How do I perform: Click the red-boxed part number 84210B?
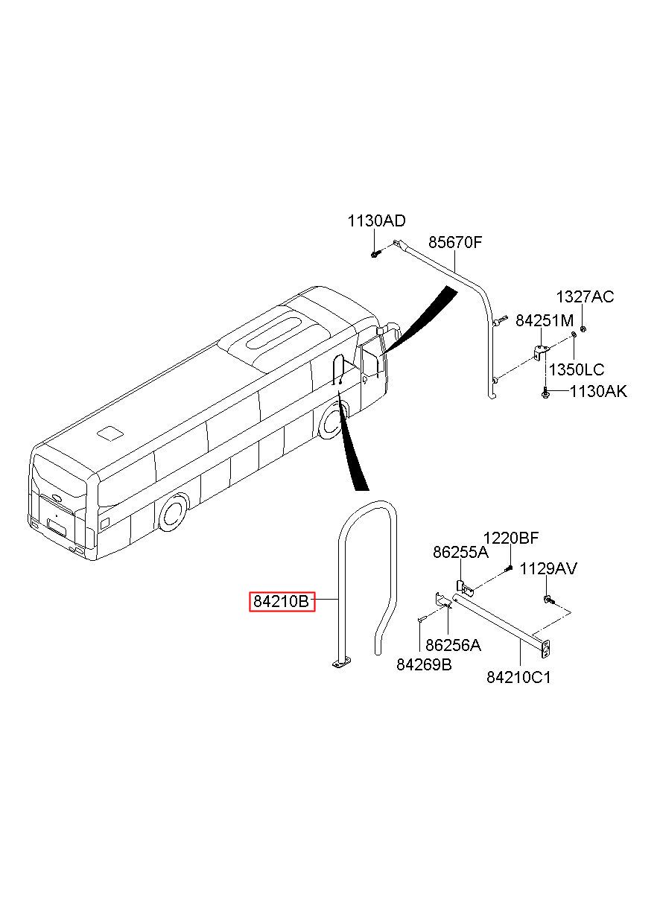pos(281,601)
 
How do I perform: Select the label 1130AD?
pos(376,220)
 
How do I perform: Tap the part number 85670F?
pos(455,242)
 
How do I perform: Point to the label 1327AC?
pos(585,296)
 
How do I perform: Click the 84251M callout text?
pos(545,320)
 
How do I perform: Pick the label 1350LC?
pos(577,369)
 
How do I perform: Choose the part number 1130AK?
pos(598,391)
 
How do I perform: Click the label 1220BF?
pos(510,538)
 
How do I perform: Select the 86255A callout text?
pos(460,552)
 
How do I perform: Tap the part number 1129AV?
pos(548,568)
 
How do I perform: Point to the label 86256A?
pos(453,645)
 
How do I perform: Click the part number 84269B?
pos(424,664)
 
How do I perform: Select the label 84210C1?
pos(518,677)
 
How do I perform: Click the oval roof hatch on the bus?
pos(274,333)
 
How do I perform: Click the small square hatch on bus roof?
pos(110,433)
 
